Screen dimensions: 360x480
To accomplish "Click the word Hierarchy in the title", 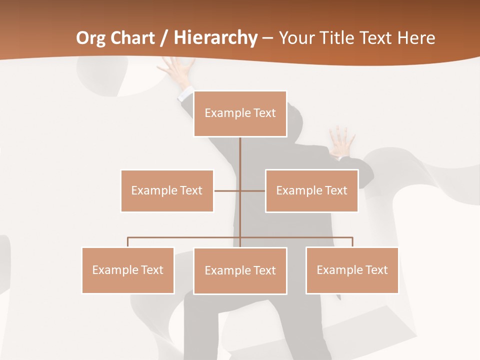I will tap(215, 38).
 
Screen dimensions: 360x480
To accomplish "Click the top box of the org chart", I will tap(240, 113).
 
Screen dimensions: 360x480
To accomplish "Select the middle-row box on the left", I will tap(167, 190).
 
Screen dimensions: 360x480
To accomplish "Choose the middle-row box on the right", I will tap(311, 190).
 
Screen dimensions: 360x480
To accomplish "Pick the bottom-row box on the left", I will tap(128, 270).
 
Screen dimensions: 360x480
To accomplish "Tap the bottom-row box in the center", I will tap(240, 270).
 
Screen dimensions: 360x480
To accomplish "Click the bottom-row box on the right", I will tap(352, 270).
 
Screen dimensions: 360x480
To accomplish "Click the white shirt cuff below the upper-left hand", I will tap(186, 93).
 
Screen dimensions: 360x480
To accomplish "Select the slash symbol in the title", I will tap(164, 38).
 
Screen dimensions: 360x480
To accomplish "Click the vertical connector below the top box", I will tap(240, 155).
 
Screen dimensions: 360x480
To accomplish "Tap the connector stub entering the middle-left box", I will tap(222, 190).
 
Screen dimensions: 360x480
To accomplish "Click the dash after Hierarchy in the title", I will tap(267, 38).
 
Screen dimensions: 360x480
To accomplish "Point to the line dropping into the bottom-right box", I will tap(352, 242).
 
